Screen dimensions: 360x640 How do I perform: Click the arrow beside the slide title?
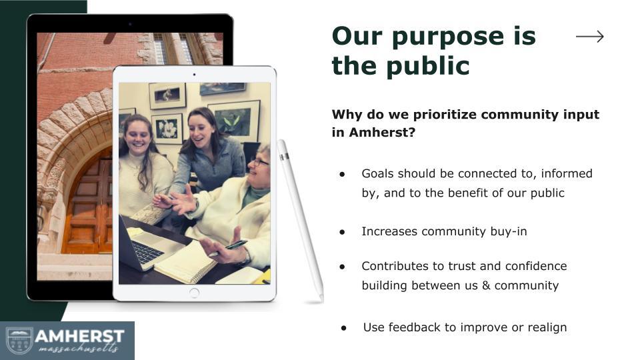[589, 37]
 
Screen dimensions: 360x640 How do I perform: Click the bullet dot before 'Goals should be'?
[342, 174]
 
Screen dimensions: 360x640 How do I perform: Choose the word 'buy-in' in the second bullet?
[505, 231]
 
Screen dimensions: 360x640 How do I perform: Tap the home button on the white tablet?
[194, 292]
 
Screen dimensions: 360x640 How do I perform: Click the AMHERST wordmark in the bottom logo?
[79, 335]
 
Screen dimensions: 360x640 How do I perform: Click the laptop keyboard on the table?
[148, 251]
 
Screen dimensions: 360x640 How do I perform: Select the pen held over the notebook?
[227, 248]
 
